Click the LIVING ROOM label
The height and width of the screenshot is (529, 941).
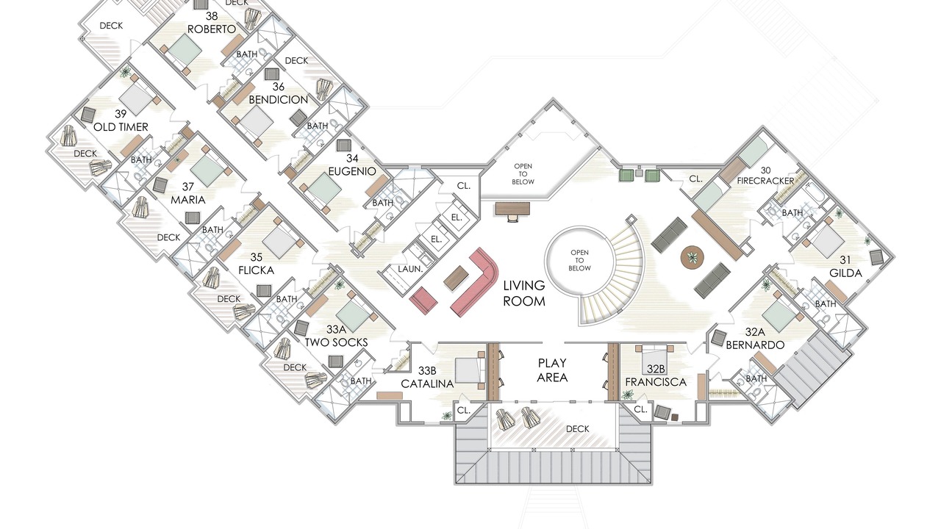pyautogui.click(x=524, y=293)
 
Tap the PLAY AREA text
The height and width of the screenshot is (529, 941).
pyautogui.click(x=552, y=370)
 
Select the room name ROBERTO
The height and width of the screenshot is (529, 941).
pyautogui.click(x=211, y=29)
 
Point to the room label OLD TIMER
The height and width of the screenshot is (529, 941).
pyautogui.click(x=121, y=127)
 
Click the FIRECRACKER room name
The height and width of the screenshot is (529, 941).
pyautogui.click(x=765, y=181)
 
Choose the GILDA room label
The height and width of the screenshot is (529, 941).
pyautogui.click(x=845, y=273)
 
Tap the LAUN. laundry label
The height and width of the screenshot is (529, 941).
pyautogui.click(x=410, y=269)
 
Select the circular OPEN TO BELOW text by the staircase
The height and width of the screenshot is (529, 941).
pyautogui.click(x=579, y=260)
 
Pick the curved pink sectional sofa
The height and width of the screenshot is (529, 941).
pyautogui.click(x=479, y=281)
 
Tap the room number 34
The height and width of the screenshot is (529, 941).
pyautogui.click(x=352, y=158)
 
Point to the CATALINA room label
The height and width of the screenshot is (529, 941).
pyautogui.click(x=427, y=384)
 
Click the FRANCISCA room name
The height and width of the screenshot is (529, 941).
pyautogui.click(x=656, y=382)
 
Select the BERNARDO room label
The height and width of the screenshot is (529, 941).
pyautogui.click(x=755, y=345)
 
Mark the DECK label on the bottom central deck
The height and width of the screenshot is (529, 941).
pyautogui.click(x=577, y=429)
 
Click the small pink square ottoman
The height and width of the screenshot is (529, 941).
pyautogui.click(x=423, y=298)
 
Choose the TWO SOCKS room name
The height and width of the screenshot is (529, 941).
pyautogui.click(x=336, y=342)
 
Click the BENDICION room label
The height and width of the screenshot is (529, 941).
pyautogui.click(x=278, y=99)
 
